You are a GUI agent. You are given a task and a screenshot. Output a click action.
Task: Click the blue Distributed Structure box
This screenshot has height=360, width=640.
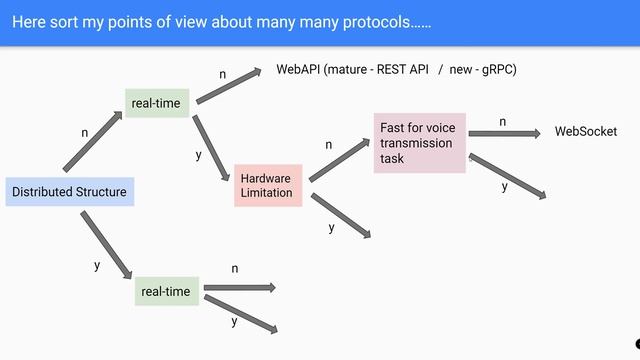pos(69,192)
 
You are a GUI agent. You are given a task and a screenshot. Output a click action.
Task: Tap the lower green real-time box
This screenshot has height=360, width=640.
pos(166,291)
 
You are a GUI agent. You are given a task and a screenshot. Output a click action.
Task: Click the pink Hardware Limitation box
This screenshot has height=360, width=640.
pos(266,185)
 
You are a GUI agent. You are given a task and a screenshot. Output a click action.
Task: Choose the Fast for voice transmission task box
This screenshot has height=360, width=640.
pos(418,143)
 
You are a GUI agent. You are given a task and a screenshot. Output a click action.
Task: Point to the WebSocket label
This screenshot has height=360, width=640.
pos(585,132)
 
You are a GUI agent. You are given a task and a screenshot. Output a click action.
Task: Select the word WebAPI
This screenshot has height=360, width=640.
pos(298,70)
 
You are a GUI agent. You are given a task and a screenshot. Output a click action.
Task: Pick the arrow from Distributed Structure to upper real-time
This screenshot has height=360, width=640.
pos(92,142)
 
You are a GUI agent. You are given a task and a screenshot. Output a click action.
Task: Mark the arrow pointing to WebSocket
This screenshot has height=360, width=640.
pos(506,132)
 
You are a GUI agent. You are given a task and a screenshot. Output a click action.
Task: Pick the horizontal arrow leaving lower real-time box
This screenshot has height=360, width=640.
pos(238,288)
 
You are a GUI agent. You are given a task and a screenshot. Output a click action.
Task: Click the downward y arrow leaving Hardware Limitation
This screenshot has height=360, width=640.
pos(341,215)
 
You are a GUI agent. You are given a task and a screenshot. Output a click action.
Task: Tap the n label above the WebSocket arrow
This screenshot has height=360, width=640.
pos(503,121)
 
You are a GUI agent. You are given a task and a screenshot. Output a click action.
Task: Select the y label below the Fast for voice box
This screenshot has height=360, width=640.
pos(504,187)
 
